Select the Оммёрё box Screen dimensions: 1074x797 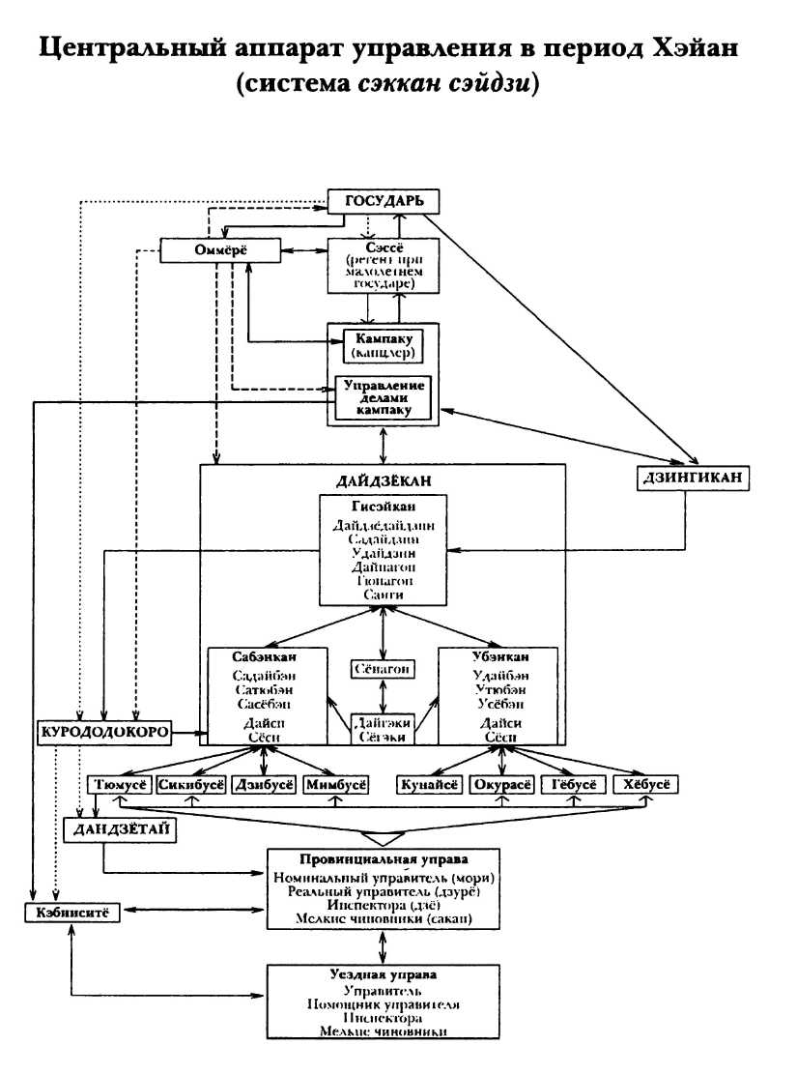click(x=220, y=250)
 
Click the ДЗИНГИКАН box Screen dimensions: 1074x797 click(x=695, y=478)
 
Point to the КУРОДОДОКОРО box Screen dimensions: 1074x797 click(x=104, y=732)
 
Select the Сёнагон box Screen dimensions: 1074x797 click(x=383, y=670)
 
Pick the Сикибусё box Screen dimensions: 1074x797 click(x=191, y=784)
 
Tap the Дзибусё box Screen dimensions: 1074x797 click(x=262, y=784)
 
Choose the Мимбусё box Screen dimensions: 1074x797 click(x=335, y=784)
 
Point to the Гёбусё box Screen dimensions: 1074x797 click(x=572, y=784)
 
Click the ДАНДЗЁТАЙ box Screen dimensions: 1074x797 click(x=120, y=830)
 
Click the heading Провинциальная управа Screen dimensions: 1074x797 click(x=383, y=859)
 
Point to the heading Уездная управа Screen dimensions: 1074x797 click(x=383, y=975)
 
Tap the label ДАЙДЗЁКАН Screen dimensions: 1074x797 click(x=383, y=479)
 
